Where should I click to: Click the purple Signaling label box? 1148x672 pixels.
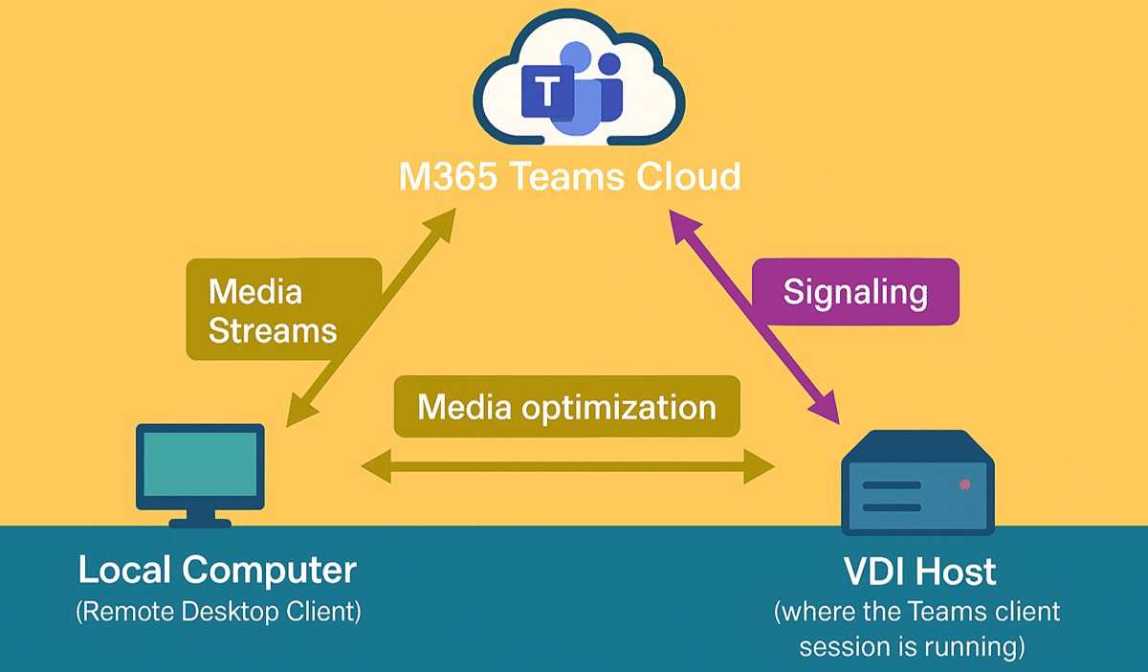(x=855, y=292)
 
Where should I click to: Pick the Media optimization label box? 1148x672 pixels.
(x=566, y=407)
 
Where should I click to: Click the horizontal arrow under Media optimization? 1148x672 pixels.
(x=568, y=468)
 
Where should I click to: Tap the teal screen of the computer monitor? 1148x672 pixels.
(x=199, y=464)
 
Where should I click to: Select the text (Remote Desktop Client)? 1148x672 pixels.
(x=218, y=612)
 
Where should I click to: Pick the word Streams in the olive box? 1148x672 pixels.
(x=273, y=330)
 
